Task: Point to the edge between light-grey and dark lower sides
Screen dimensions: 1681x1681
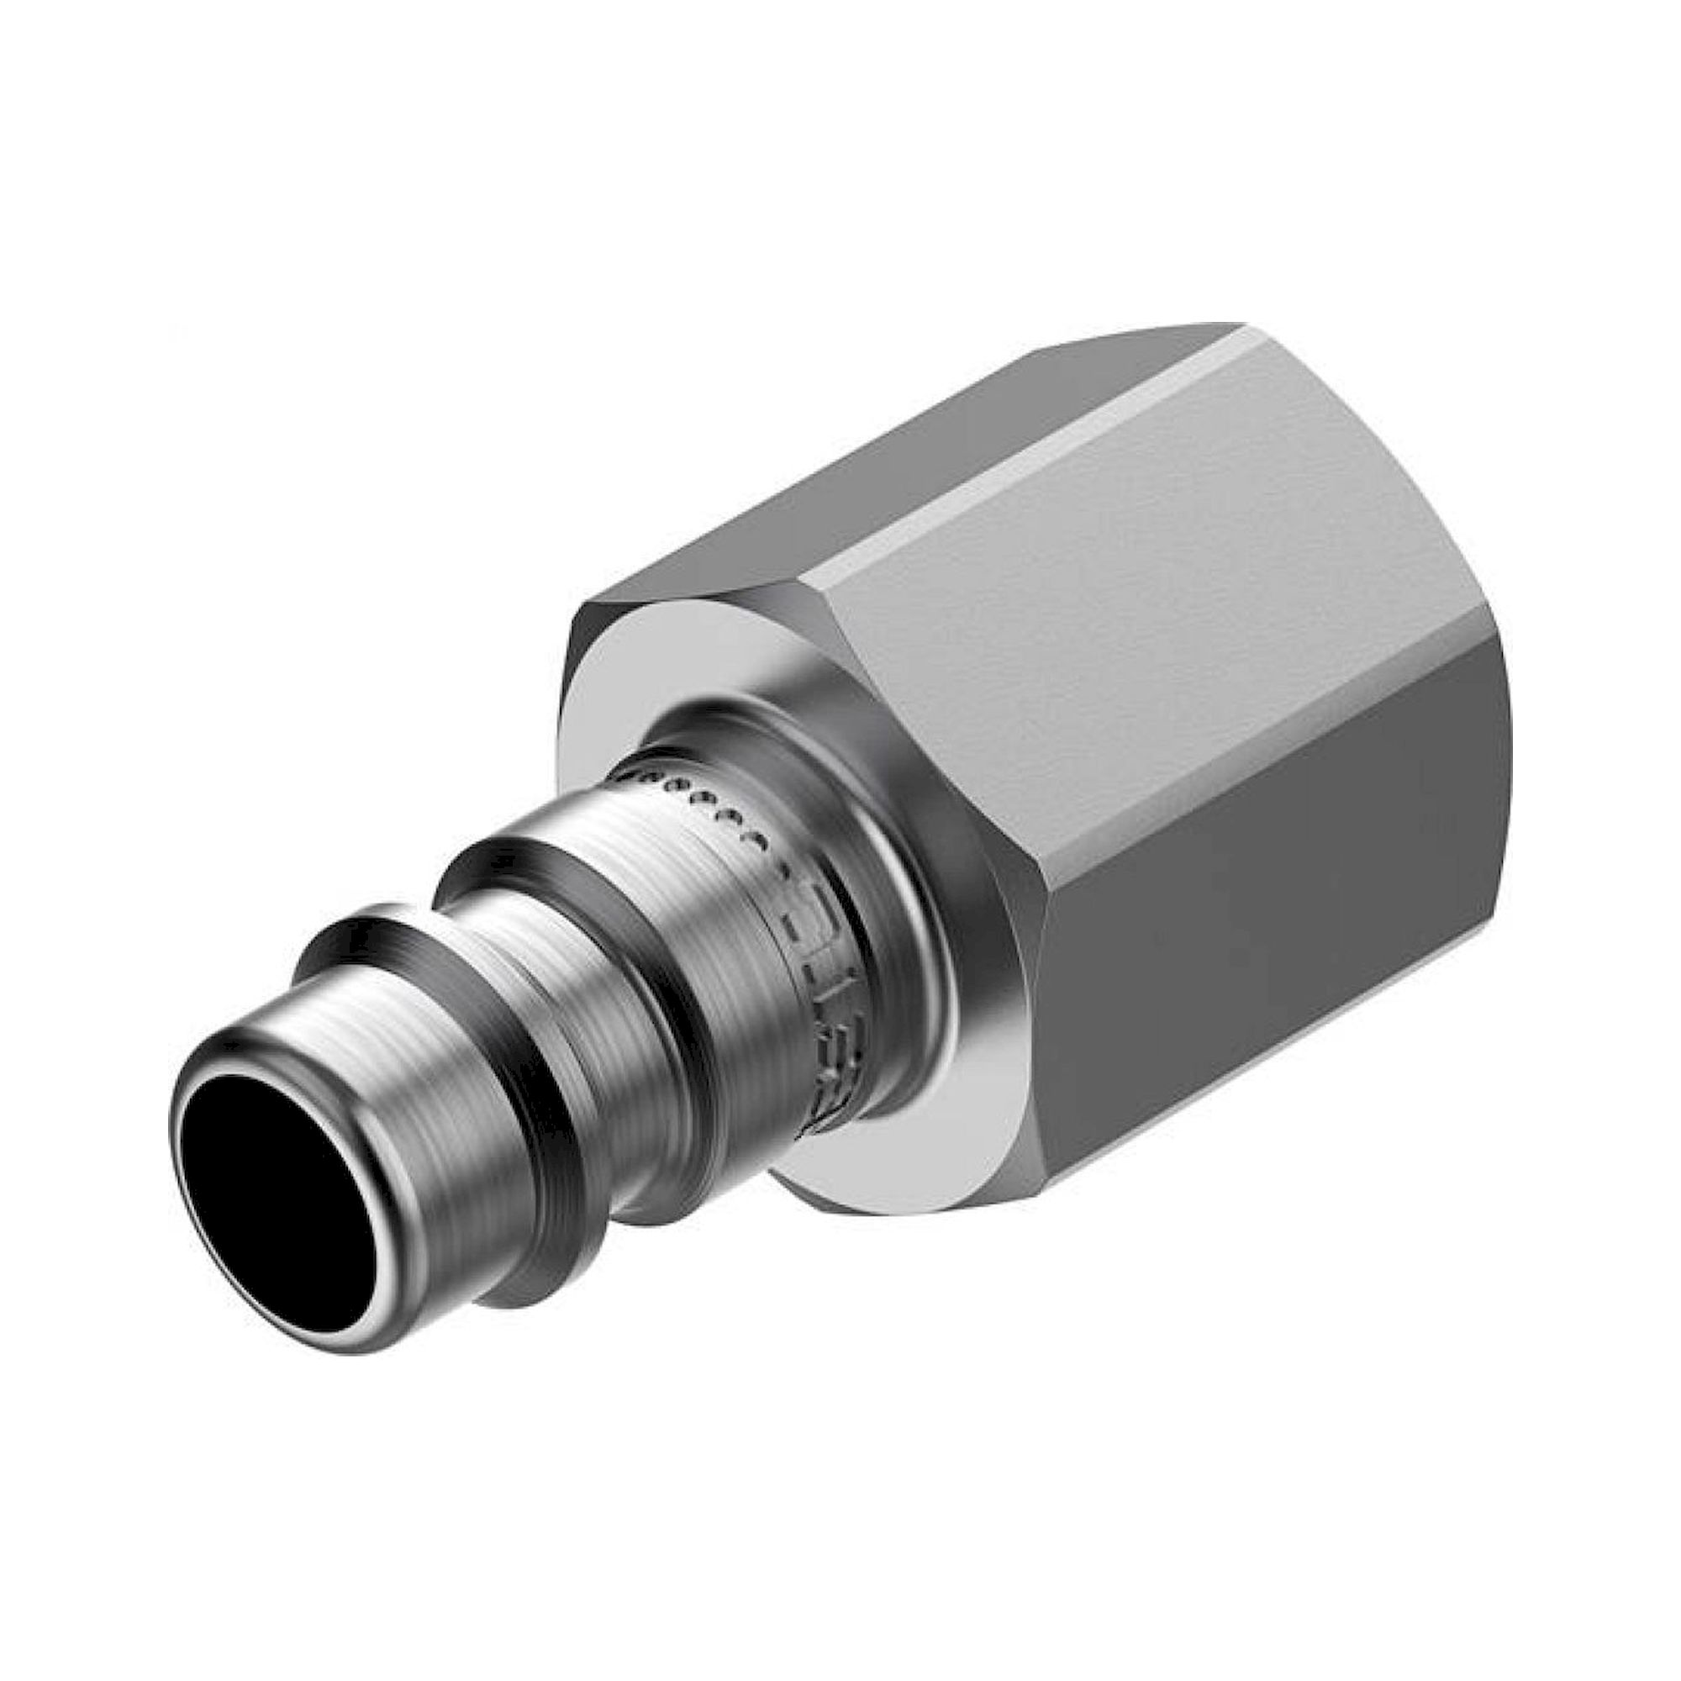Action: tap(1262, 678)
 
